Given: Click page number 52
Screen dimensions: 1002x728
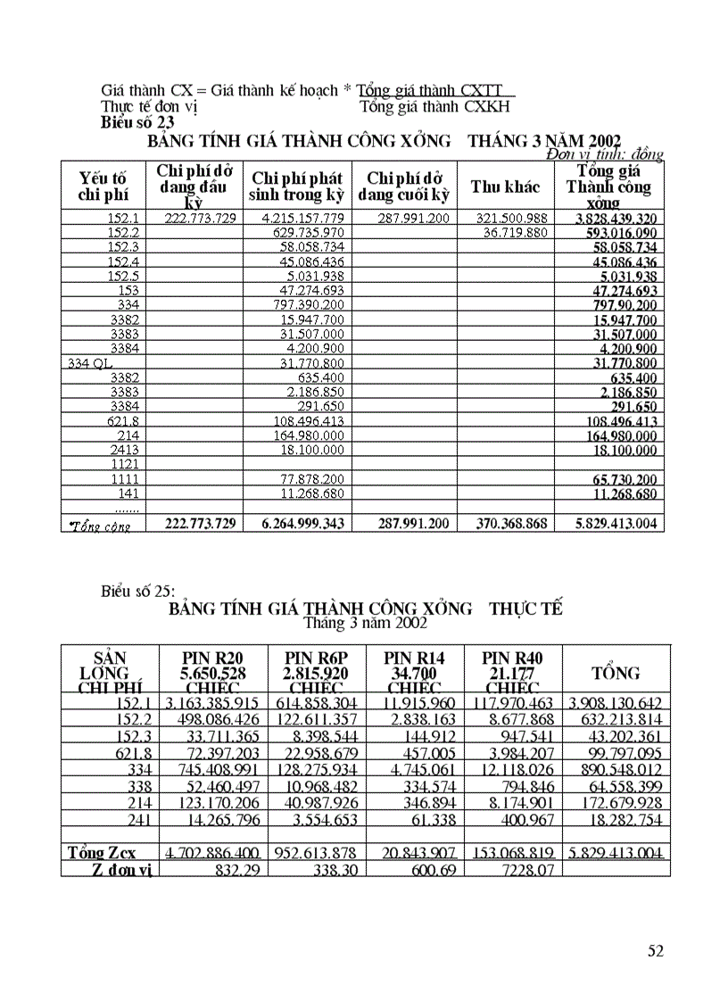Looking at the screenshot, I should tap(655, 951).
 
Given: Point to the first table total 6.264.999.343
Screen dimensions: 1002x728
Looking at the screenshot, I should tap(302, 524).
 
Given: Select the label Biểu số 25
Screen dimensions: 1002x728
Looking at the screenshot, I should tap(138, 591).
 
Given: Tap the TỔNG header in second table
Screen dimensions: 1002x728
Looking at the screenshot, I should tap(616, 673).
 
